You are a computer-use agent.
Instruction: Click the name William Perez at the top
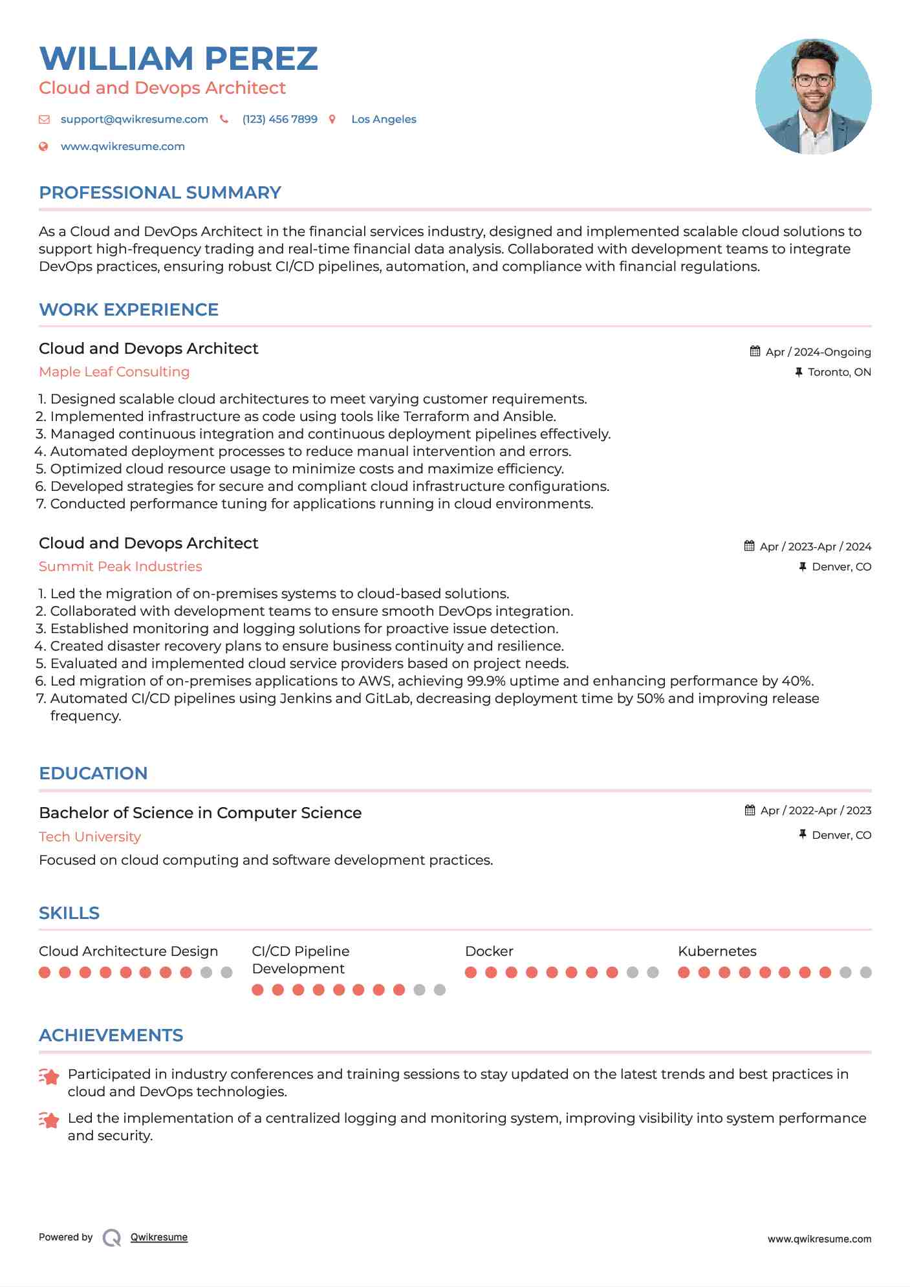179,58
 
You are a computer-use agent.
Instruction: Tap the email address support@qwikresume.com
134,119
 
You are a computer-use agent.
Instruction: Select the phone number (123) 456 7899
279,119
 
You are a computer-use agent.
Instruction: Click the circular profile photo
813,96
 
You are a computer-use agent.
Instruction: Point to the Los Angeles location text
384,119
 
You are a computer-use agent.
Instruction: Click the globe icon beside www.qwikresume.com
43,146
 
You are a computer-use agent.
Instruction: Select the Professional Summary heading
160,193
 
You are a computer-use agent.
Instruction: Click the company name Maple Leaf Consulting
114,372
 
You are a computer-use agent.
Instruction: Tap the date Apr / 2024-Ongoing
818,352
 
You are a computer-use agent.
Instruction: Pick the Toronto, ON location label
839,372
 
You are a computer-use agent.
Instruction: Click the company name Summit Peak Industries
120,567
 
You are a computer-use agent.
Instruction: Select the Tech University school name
89,837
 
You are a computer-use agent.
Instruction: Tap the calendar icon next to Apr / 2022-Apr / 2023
750,810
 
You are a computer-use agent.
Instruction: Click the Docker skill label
489,951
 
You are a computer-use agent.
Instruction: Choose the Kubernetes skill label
717,951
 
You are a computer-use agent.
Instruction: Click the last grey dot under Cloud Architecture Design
226,972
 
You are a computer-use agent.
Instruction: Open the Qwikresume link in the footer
159,1237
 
